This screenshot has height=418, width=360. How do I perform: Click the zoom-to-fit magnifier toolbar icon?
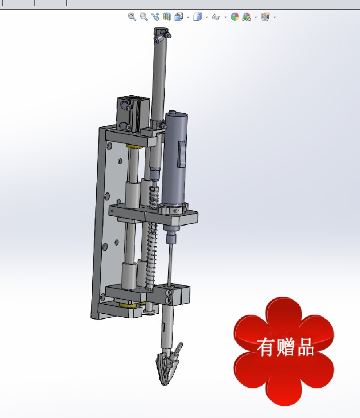132,17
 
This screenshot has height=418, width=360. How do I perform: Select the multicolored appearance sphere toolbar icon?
234,17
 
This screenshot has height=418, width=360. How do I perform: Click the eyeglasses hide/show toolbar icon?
216,17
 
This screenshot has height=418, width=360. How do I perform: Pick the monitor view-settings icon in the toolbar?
265,17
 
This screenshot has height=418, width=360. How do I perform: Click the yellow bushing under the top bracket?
133,147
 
